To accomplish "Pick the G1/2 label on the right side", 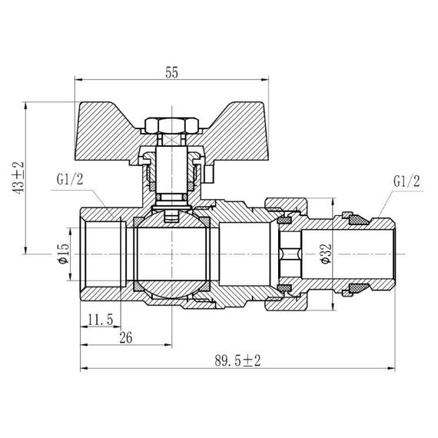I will [x=406, y=182].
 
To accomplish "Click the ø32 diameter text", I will [x=326, y=253].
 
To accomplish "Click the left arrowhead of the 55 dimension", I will [x=81, y=78].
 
